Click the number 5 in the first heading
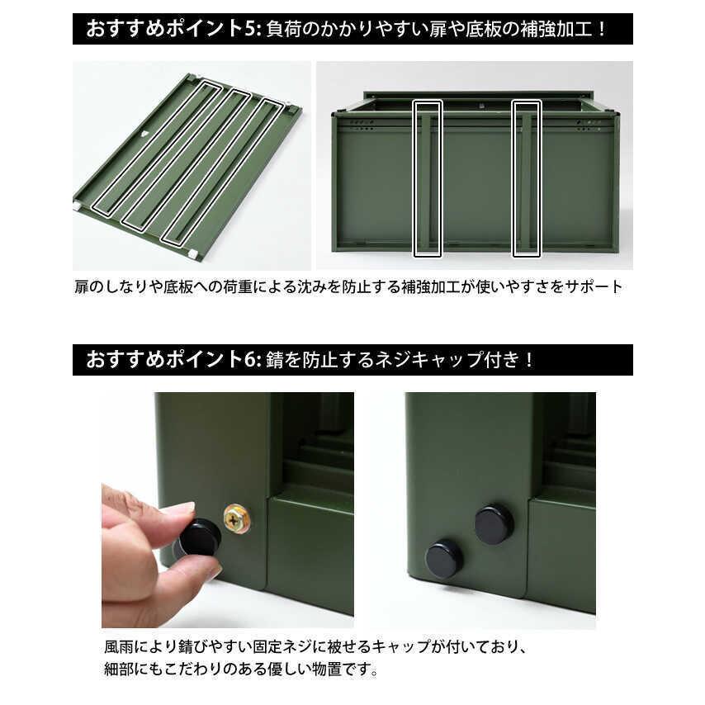click(x=251, y=29)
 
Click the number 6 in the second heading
click(x=251, y=361)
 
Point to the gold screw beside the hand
click(x=237, y=518)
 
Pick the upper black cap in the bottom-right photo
click(x=494, y=524)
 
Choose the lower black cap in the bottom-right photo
click(x=444, y=559)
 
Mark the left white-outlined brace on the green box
click(x=428, y=178)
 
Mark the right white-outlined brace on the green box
click(x=526, y=178)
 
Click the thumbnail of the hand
click(x=211, y=572)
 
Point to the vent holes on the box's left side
click(x=361, y=125)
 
